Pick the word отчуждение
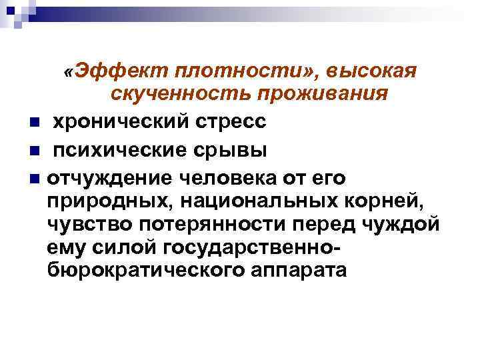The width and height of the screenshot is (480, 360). [x=107, y=177]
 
